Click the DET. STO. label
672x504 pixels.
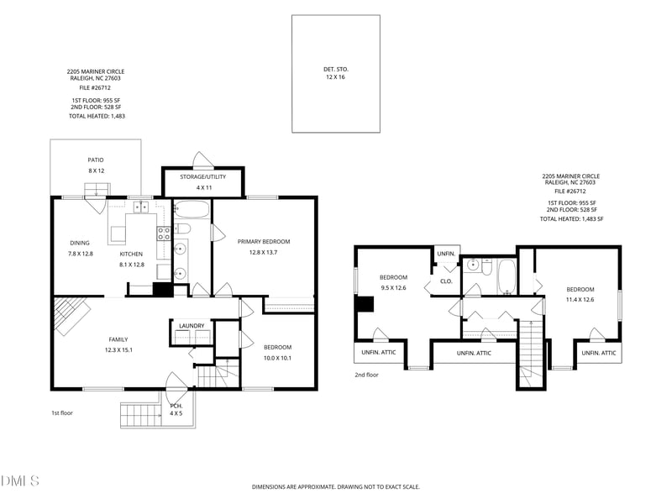(335, 69)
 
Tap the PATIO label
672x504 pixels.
(96, 160)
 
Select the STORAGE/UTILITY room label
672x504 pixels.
(202, 176)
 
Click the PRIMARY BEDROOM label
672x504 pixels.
(264, 242)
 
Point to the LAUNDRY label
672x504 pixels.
(192, 326)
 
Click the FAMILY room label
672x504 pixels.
(118, 339)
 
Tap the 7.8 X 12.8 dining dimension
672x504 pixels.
(80, 254)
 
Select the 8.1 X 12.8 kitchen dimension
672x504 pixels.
(132, 265)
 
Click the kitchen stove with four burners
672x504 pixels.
(164, 234)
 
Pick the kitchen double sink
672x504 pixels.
(140, 207)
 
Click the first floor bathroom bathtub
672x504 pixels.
(192, 209)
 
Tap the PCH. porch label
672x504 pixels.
(176, 406)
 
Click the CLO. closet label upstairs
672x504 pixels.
(446, 281)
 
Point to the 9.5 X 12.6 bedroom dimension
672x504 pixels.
(393, 288)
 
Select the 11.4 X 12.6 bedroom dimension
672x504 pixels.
(580, 300)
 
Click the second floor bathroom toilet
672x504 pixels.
(486, 266)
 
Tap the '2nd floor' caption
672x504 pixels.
(366, 375)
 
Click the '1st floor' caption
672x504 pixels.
(62, 413)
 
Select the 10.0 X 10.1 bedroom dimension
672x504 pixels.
(277, 359)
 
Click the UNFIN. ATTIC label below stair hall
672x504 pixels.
(474, 353)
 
